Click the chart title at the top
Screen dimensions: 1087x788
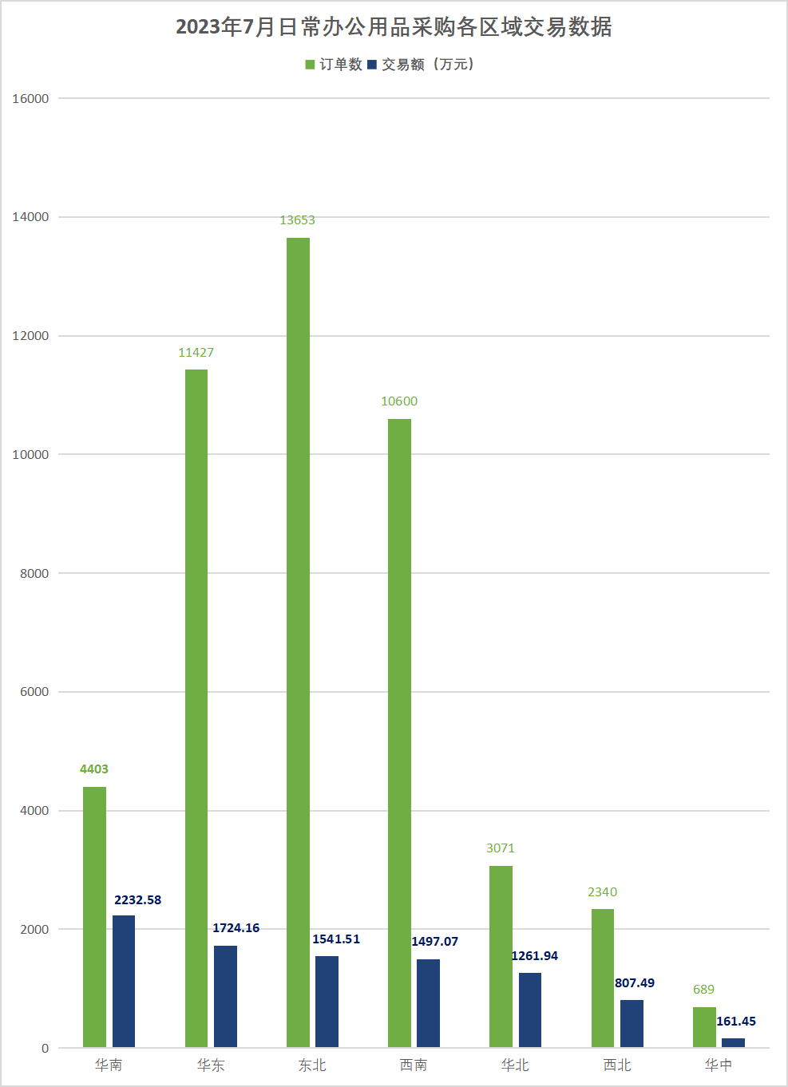point(394,27)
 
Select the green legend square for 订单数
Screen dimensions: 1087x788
point(310,65)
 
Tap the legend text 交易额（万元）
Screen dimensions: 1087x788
point(428,65)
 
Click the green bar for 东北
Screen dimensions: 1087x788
point(298,642)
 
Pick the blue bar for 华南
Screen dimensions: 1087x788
point(124,981)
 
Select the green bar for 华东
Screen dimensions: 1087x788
point(196,708)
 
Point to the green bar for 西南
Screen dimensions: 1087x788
point(399,733)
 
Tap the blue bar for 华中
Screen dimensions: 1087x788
point(733,1042)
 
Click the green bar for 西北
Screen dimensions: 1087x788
point(603,978)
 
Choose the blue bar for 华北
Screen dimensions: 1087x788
point(530,1010)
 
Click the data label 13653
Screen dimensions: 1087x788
point(297,220)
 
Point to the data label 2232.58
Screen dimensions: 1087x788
point(137,900)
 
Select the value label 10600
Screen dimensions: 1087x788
point(399,401)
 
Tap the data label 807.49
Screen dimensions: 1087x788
point(635,983)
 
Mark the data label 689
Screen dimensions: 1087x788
point(703,990)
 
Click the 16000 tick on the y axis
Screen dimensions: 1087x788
point(30,99)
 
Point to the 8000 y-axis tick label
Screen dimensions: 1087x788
point(34,573)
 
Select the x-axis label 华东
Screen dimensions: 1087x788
point(211,1065)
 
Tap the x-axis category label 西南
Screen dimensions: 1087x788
point(414,1065)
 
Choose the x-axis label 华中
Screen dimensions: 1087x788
point(719,1065)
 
